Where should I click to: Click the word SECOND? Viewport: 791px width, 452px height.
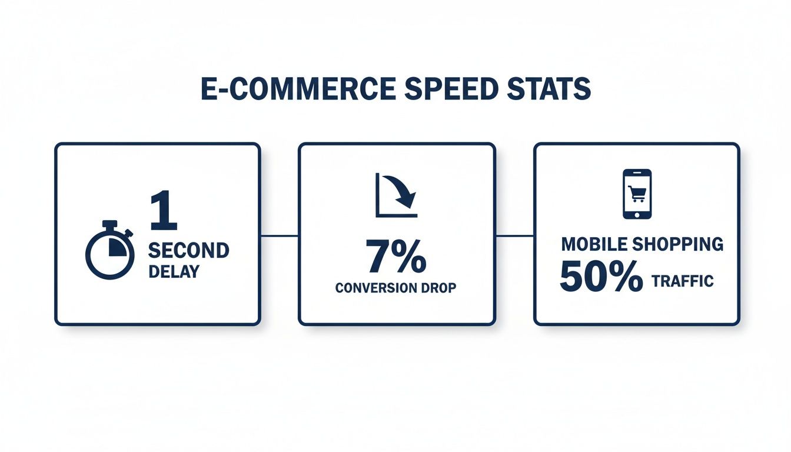tap(188, 250)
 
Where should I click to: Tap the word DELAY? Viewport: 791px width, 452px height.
tap(174, 272)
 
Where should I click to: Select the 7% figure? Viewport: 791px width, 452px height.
tap(396, 257)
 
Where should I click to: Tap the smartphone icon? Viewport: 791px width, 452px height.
tap(637, 194)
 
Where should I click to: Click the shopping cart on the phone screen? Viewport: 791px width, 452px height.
tap(637, 192)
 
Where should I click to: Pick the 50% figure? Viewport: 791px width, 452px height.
tap(601, 277)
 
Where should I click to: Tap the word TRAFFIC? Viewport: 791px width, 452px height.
tap(682, 281)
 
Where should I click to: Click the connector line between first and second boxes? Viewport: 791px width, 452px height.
tap(279, 236)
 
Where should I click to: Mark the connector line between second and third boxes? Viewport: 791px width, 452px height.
tap(514, 236)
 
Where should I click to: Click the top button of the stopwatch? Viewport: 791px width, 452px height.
tap(110, 224)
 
